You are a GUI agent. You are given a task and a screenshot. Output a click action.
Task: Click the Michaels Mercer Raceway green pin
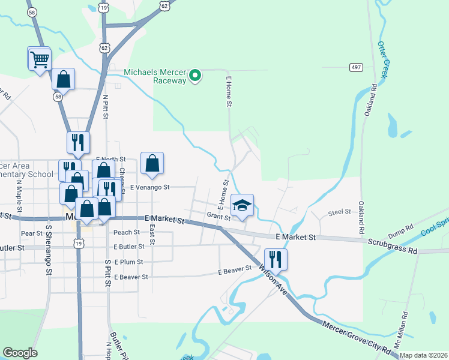coord(194,76)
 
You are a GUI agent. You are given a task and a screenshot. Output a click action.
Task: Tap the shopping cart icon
coord(40,59)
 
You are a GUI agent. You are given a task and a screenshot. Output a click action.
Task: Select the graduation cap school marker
coord(242,206)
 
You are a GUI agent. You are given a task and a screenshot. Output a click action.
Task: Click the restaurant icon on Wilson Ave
coord(276,260)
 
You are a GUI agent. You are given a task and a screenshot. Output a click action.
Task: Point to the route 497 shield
coord(357,67)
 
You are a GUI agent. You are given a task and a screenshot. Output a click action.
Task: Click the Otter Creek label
coord(384,60)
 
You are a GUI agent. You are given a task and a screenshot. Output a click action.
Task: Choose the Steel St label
coord(339,212)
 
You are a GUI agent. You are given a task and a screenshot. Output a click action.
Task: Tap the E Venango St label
coord(150,187)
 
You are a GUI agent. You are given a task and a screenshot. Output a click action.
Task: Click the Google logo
coord(20,353)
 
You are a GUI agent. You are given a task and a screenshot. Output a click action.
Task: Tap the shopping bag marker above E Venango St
coord(152,163)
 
